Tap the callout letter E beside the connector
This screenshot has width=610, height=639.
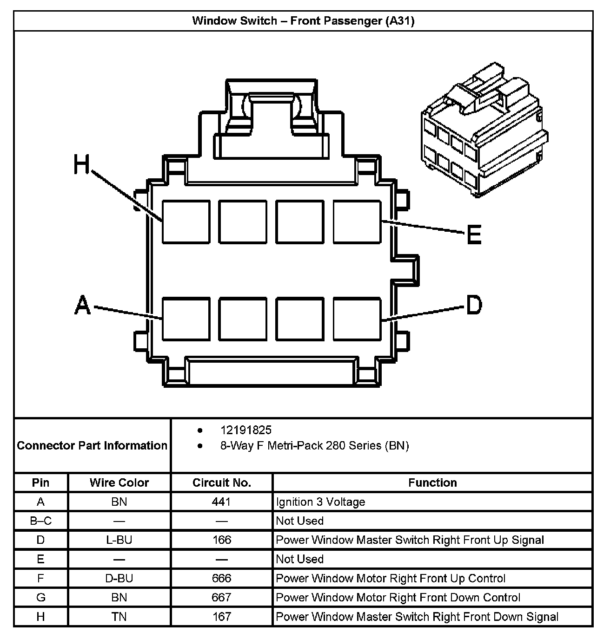click(474, 235)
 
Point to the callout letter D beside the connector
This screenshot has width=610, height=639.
click(474, 305)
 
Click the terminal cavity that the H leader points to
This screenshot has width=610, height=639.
click(186, 222)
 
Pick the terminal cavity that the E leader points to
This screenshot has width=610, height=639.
click(357, 222)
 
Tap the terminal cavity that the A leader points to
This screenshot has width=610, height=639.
click(186, 319)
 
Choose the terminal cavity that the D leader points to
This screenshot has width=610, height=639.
click(357, 319)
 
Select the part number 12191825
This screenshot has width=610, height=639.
click(246, 430)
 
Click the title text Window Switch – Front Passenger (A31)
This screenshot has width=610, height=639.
click(303, 21)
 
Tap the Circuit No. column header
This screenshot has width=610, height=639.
click(222, 483)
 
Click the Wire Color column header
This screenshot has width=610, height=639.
click(119, 483)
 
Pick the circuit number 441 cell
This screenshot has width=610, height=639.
click(222, 502)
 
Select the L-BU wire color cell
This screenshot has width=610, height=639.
click(119, 540)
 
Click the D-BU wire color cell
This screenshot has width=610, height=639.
click(119, 578)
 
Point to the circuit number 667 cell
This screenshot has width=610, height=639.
click(222, 597)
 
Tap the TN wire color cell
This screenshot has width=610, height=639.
click(119, 616)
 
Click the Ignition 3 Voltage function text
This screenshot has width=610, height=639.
click(320, 502)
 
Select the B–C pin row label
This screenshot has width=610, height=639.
click(41, 521)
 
